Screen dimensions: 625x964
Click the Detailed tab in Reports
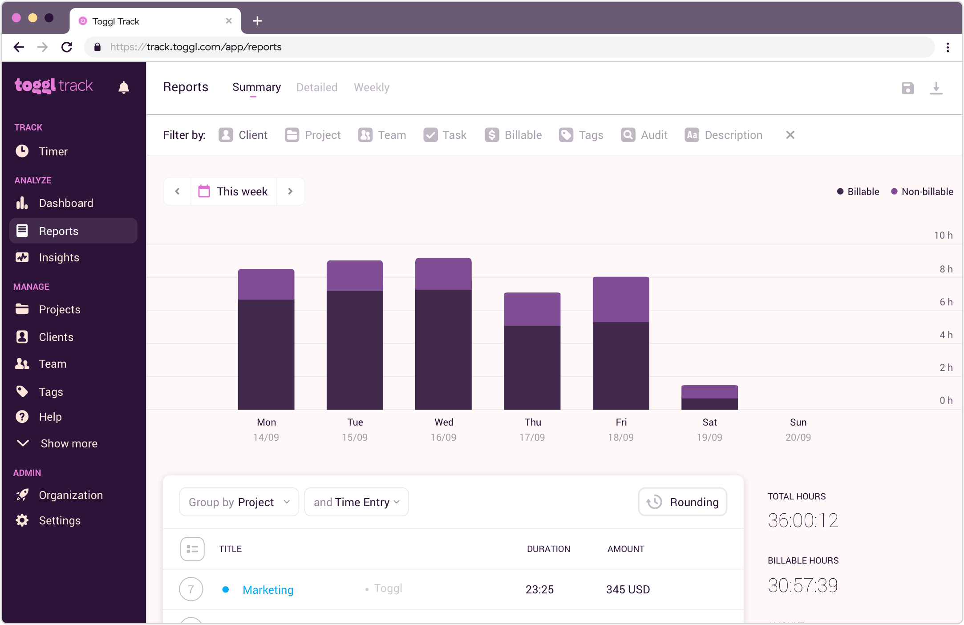point(316,87)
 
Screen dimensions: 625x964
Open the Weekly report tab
point(371,87)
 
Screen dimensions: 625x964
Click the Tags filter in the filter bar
point(581,135)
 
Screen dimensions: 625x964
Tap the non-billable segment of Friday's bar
point(620,299)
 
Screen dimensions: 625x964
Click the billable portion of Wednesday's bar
point(443,349)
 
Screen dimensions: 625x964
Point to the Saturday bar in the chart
point(709,397)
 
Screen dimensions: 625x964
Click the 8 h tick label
point(946,269)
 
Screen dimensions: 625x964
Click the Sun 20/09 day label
point(798,429)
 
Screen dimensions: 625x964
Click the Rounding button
point(682,502)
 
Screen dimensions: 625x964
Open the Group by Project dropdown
point(239,502)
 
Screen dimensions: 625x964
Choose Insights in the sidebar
point(59,257)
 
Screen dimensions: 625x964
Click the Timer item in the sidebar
point(53,151)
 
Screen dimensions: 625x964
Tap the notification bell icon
point(124,87)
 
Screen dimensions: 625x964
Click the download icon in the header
point(936,88)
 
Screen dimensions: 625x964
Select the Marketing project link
point(268,589)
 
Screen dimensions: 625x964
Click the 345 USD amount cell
point(628,589)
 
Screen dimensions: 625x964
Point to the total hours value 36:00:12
point(802,520)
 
